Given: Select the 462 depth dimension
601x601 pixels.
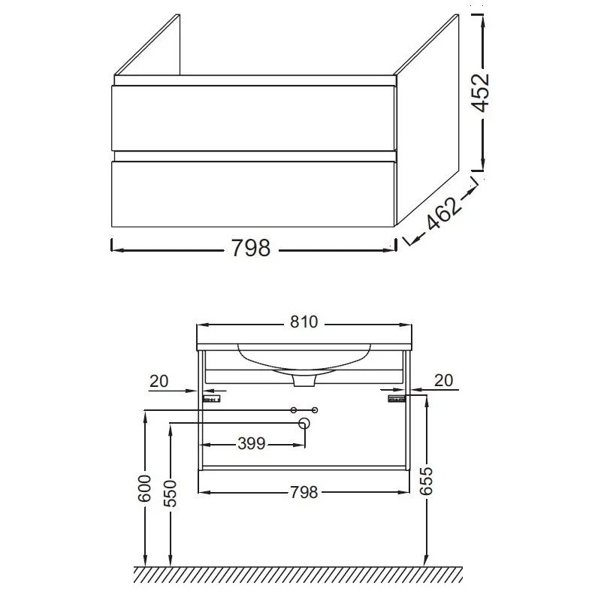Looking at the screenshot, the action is pos(443,213).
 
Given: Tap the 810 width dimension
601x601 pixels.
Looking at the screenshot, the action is pos(304,322).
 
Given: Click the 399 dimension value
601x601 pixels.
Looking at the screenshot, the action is pos(252,443).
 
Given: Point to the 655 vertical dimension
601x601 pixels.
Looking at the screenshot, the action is pos(425,481).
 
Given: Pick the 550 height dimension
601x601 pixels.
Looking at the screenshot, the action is pos(171,494).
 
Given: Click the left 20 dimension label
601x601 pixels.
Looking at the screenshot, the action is pos(159,382).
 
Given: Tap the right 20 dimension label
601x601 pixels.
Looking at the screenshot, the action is pos(444,380).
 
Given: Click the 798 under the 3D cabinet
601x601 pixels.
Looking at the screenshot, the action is pos(251,248).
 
